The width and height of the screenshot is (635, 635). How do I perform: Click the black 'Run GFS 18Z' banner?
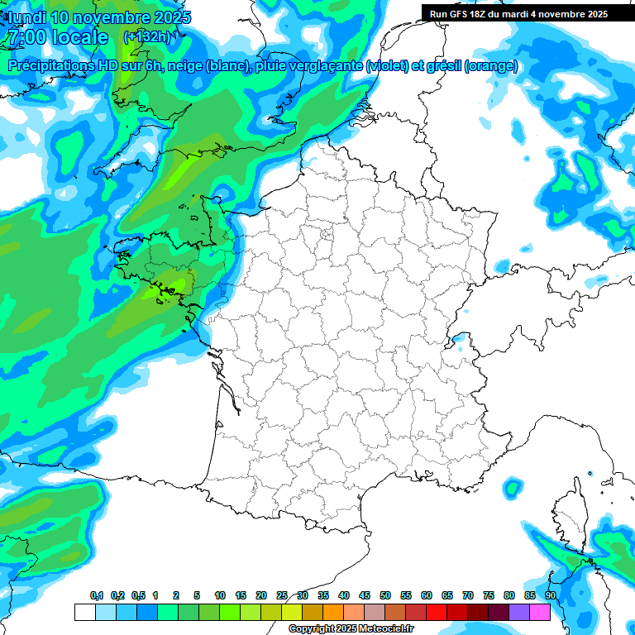528,13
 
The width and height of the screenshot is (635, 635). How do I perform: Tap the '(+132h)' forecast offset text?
146,36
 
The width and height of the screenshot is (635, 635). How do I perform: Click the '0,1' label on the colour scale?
96,595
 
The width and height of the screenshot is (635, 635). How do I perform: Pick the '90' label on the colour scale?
550,595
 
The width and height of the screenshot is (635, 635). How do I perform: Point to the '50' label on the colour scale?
384,595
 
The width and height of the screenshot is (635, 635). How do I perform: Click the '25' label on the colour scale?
281,595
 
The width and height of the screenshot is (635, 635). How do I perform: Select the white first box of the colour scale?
84,612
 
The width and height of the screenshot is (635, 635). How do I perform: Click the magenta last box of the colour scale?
540,612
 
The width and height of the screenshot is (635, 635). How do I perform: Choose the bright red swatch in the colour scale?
437,612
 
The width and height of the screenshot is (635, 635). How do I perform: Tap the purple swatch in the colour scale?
519,612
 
